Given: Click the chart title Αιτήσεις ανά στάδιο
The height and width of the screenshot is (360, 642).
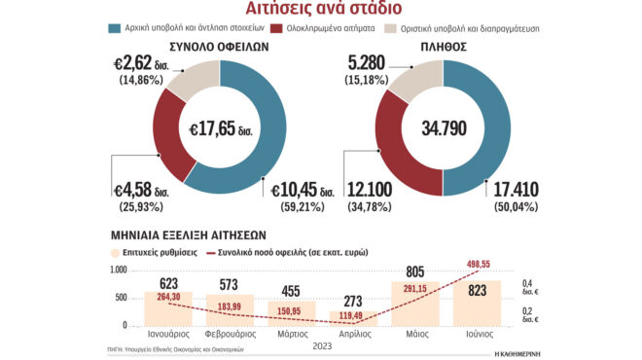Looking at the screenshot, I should [320, 11].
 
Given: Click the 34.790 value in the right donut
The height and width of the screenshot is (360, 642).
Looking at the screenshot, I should [443, 127].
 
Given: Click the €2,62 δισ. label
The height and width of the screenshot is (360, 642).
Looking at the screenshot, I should [146, 67].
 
